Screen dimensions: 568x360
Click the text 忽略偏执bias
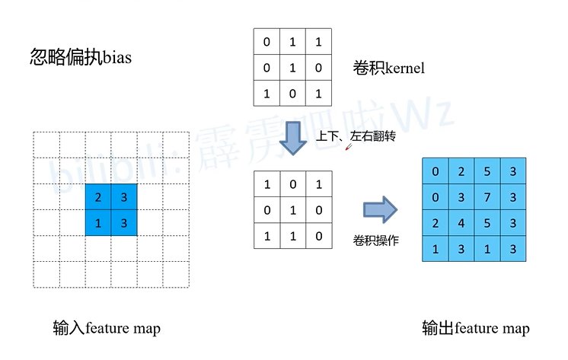(80, 57)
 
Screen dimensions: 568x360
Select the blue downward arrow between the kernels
(293, 138)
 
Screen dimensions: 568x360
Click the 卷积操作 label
(376, 241)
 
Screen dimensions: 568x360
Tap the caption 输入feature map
(107, 329)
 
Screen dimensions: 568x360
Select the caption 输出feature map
(476, 329)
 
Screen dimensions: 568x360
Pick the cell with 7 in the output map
(487, 198)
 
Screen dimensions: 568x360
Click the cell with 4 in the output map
(461, 224)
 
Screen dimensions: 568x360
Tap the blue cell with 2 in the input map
(98, 197)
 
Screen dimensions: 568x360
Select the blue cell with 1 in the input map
(98, 223)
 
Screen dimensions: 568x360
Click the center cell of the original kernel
(293, 68)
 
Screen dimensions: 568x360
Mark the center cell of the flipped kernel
(293, 210)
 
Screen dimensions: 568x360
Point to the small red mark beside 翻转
(349, 147)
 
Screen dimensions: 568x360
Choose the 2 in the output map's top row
(461, 172)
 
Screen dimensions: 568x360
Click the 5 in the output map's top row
(487, 172)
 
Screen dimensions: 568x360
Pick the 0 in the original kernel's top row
(266, 43)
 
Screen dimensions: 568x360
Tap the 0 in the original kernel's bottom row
(293, 94)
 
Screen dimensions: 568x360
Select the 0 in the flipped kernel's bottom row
(319, 236)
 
